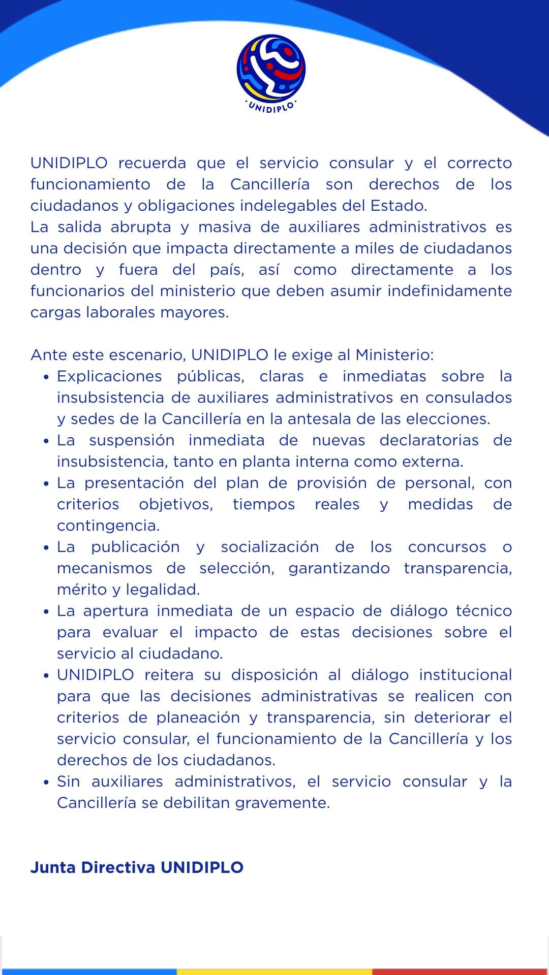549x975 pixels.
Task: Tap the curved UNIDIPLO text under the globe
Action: click(271, 107)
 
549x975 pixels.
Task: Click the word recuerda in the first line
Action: click(152, 163)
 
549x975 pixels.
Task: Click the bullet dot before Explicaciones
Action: click(46, 377)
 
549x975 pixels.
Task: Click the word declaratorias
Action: click(429, 440)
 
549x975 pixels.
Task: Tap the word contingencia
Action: click(108, 526)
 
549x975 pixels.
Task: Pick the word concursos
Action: click(447, 547)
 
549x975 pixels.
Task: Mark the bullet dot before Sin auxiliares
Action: click(46, 783)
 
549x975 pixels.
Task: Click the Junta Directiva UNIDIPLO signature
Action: click(137, 867)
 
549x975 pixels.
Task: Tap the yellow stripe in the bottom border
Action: click(274, 971)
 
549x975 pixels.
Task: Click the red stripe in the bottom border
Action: click(460, 971)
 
